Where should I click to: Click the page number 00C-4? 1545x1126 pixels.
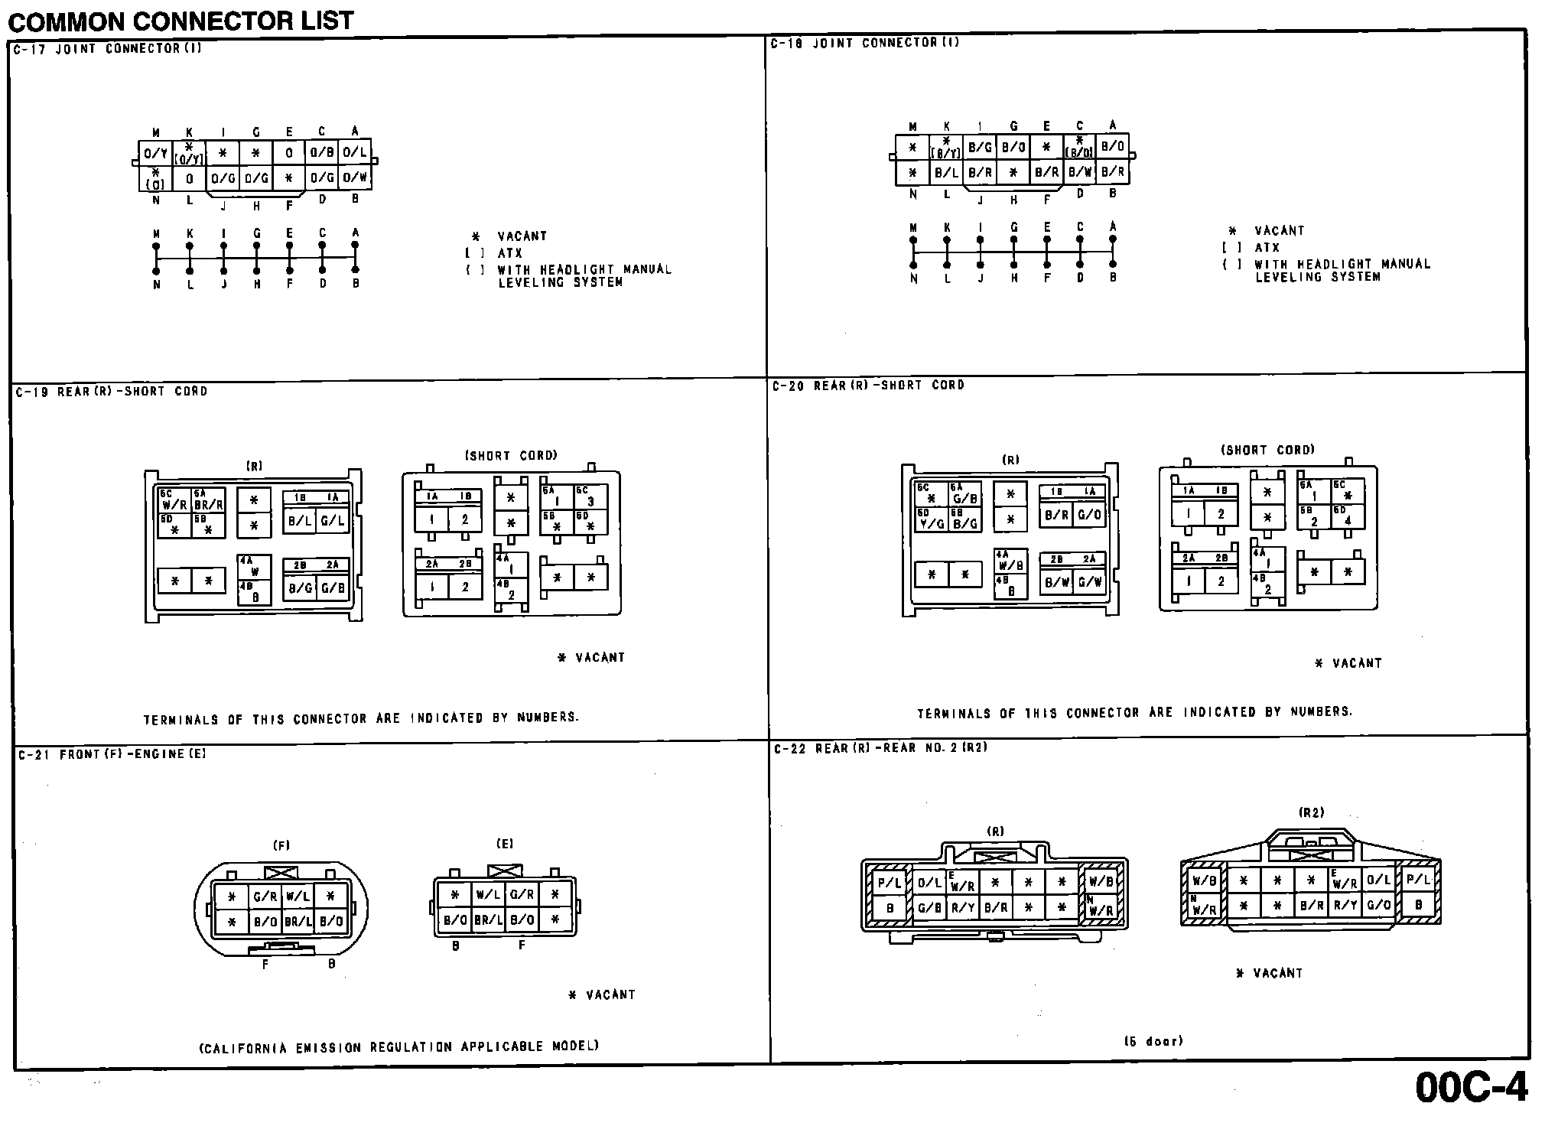(1471, 1087)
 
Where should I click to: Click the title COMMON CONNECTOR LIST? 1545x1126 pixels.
(181, 21)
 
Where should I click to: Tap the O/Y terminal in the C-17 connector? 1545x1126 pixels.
(155, 153)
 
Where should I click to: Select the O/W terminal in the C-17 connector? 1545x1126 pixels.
(355, 178)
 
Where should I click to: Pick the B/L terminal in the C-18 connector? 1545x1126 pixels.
(946, 173)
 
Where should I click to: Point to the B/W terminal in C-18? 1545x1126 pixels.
(1079, 173)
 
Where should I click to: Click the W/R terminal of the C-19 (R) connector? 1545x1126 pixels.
(174, 505)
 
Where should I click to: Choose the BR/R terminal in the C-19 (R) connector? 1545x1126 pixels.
(208, 505)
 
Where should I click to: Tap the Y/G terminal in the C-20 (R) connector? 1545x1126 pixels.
(931, 524)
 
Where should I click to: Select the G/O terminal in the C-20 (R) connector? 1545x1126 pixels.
(1089, 515)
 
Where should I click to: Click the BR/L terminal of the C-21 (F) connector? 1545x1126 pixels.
(298, 921)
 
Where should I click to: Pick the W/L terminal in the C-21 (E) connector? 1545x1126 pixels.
(487, 894)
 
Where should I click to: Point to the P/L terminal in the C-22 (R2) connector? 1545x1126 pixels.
(1418, 880)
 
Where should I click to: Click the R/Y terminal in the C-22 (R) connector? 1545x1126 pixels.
(962, 909)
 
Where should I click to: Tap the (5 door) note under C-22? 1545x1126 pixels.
(1153, 1041)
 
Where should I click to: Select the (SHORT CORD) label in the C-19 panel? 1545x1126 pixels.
(511, 456)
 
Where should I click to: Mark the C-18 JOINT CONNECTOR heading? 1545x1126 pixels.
(864, 44)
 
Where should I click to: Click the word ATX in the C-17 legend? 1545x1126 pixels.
(509, 253)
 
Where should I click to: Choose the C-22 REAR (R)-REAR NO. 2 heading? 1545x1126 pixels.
(880, 748)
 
